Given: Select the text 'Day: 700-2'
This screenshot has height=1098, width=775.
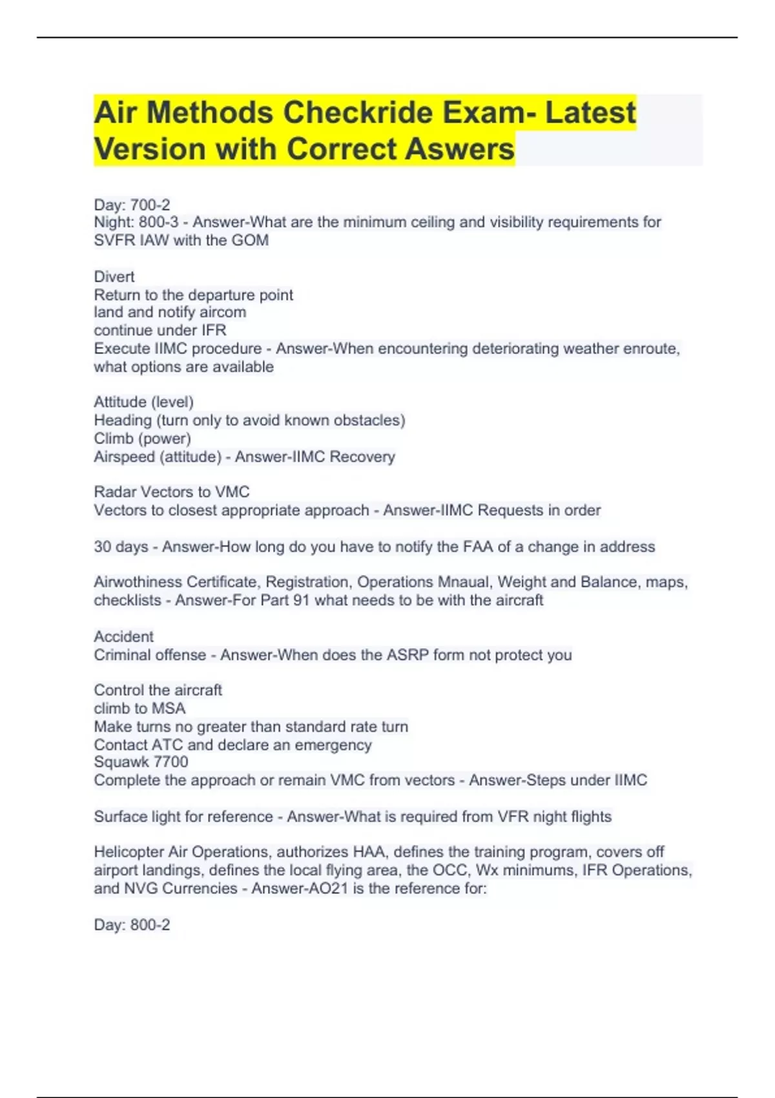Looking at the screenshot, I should pos(132,205).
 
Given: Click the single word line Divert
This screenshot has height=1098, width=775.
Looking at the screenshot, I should pos(114,276).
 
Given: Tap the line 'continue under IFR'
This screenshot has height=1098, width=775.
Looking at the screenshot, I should pos(160,330).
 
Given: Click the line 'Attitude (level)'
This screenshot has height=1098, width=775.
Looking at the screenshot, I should pos(143,402).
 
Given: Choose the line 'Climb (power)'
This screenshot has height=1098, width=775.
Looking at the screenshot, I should pos(142,439).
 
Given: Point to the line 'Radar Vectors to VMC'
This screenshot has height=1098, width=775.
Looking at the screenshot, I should pos(172,492).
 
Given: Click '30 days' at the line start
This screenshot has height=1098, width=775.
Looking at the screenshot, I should pos(121,546).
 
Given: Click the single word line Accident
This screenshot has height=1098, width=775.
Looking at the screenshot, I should pos(124,636).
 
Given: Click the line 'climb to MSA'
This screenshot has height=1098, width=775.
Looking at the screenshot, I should pos(139,708).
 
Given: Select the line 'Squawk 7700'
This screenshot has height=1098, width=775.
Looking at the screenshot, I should pos(141,761).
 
